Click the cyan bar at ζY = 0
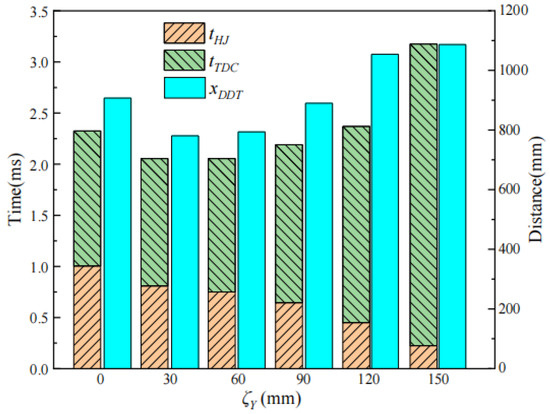click(x=117, y=233)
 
